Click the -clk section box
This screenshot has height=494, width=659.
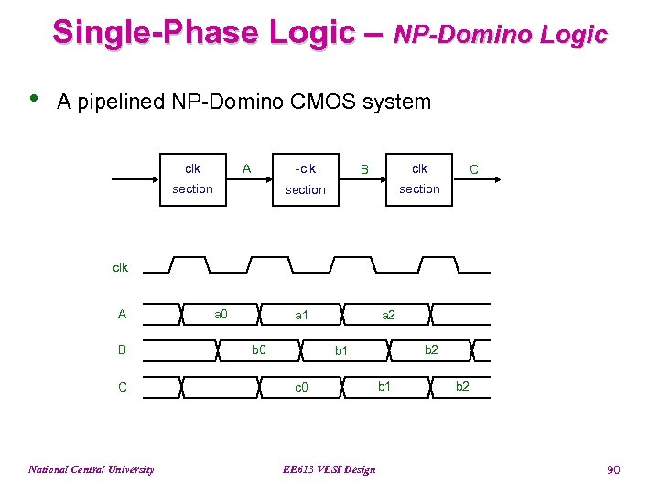coord(305,179)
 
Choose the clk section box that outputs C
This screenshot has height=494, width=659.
coord(419,179)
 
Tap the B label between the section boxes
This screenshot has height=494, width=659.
coord(363,169)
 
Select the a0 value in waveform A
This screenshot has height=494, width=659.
coord(221,314)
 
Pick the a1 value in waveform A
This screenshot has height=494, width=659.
coord(301,315)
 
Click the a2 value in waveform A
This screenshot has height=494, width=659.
coord(388,315)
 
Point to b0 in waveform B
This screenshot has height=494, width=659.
coord(259,349)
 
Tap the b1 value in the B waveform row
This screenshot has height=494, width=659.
coord(341,349)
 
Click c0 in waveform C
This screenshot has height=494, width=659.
coord(301,387)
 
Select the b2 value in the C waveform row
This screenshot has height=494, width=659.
coord(462,386)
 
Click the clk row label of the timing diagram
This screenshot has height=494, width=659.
coord(120,267)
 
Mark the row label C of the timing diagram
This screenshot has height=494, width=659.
coord(123,387)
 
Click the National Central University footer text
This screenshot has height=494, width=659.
coord(91,469)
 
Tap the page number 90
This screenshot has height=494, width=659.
coord(613,469)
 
